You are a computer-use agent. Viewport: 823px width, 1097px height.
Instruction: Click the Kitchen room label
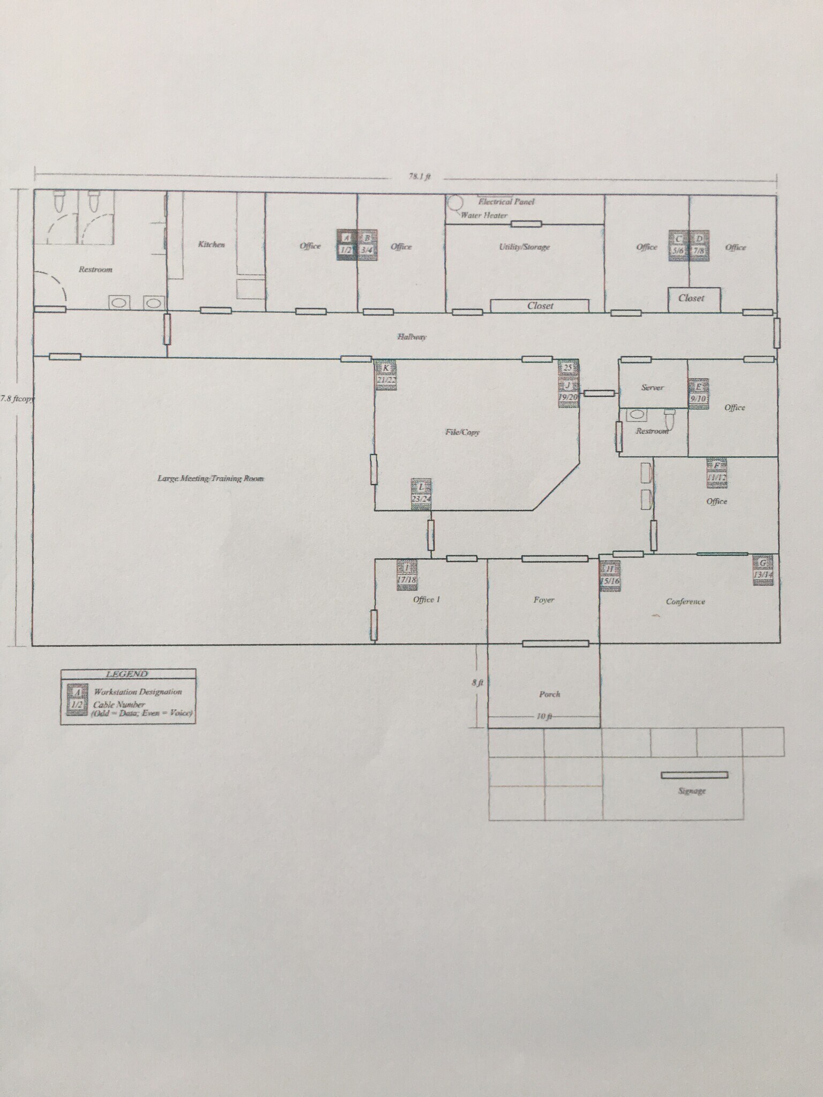[x=211, y=244]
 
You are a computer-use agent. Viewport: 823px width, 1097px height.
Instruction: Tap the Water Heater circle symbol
[x=455, y=204]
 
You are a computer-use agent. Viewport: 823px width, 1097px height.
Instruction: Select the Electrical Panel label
[x=506, y=202]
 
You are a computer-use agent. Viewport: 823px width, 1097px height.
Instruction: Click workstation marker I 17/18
[x=407, y=574]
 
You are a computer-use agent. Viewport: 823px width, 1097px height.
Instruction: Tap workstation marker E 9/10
[x=699, y=394]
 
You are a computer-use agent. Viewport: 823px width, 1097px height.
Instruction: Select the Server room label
[x=652, y=387]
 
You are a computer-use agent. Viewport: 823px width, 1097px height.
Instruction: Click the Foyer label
[x=543, y=600]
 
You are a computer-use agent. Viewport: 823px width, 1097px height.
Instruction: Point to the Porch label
[x=549, y=694]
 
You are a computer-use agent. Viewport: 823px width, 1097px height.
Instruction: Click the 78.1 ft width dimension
[x=420, y=177]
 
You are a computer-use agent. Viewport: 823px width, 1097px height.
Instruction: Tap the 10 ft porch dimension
[x=544, y=717]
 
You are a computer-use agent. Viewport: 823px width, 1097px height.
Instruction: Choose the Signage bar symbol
[x=694, y=775]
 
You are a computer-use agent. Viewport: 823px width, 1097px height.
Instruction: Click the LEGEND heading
[x=127, y=674]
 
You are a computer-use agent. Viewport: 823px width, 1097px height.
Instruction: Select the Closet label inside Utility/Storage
[x=540, y=306]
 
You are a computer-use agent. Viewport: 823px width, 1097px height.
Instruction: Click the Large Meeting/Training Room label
[x=211, y=478]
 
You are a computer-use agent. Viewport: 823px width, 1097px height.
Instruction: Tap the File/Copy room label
[x=462, y=432]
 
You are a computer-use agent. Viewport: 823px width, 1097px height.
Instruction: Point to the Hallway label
[x=411, y=337]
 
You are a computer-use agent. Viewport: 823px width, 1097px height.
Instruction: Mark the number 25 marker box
[x=568, y=367]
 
